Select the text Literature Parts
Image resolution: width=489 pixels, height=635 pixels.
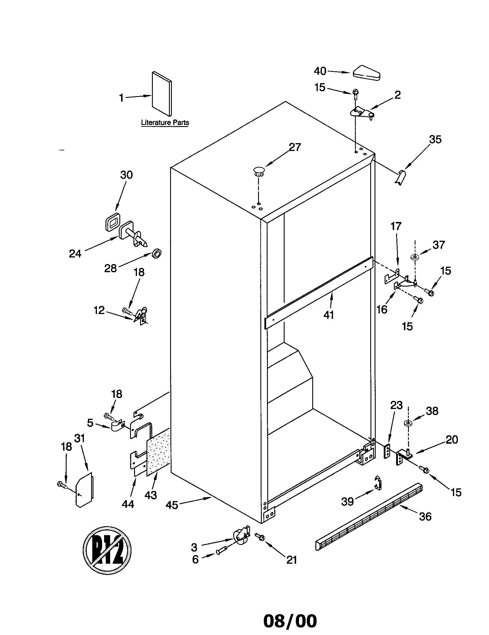(165, 122)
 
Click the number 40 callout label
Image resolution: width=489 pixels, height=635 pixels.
(320, 71)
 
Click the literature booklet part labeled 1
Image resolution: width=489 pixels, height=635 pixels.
(162, 94)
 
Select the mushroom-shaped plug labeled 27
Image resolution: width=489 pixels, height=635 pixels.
(259, 171)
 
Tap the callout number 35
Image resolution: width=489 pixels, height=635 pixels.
(435, 140)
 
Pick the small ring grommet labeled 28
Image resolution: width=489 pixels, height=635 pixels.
(157, 253)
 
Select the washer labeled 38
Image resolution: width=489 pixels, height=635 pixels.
(408, 423)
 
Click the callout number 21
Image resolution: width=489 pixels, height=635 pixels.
(291, 560)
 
